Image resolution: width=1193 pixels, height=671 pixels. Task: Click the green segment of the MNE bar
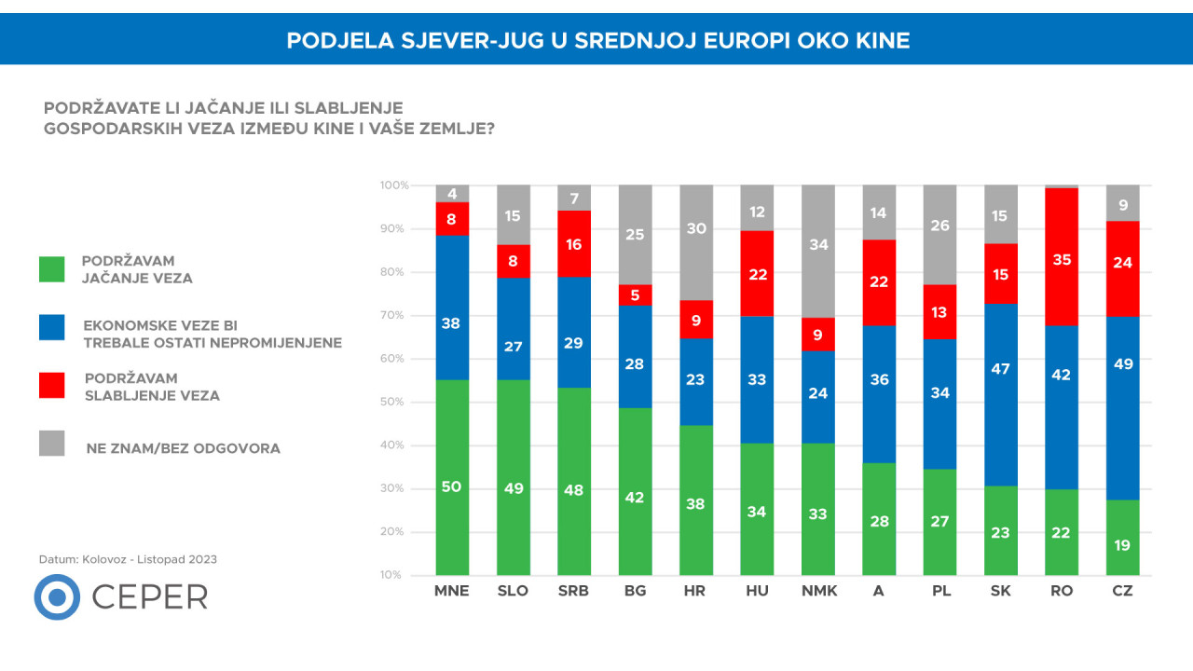(452, 477)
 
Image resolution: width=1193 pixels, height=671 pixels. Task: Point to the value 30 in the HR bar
(696, 228)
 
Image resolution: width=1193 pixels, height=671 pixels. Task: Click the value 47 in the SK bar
(1001, 368)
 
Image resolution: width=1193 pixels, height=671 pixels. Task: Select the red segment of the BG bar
(635, 294)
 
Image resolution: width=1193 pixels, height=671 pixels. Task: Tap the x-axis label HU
(757, 591)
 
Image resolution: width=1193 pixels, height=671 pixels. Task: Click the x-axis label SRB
(574, 591)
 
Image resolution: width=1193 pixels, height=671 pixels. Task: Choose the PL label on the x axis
(939, 591)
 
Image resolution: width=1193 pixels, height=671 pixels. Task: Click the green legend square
(52, 268)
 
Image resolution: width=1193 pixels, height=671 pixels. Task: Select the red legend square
(52, 386)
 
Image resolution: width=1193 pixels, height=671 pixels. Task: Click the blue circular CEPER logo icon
(57, 597)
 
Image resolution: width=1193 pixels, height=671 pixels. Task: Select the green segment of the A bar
(879, 518)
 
